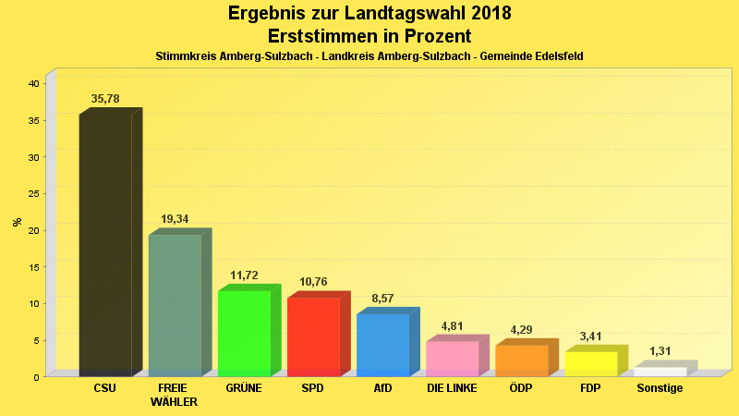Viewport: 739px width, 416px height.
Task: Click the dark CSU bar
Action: click(105, 245)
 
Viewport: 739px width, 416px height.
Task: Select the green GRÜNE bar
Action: click(244, 333)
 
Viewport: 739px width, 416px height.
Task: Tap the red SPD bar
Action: click(313, 336)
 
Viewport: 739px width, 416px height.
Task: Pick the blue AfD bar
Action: click(382, 344)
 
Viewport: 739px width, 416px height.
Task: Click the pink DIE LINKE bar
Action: click(452, 358)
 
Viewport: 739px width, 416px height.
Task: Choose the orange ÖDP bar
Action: click(521, 360)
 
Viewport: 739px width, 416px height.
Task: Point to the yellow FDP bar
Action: click(590, 363)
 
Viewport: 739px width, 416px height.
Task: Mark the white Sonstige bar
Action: click(660, 371)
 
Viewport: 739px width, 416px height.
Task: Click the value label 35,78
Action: click(105, 99)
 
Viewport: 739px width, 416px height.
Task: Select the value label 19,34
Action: click(175, 219)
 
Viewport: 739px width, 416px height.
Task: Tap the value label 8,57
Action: click(382, 299)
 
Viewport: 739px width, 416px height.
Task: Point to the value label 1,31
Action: click(660, 352)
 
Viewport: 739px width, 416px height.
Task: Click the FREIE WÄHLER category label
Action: click(174, 395)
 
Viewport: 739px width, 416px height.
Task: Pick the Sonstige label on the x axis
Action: click(660, 388)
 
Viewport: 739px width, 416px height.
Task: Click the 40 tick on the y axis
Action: click(33, 83)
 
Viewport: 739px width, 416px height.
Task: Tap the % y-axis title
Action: click(17, 222)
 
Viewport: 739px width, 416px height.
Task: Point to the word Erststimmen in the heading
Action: click(324, 36)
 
